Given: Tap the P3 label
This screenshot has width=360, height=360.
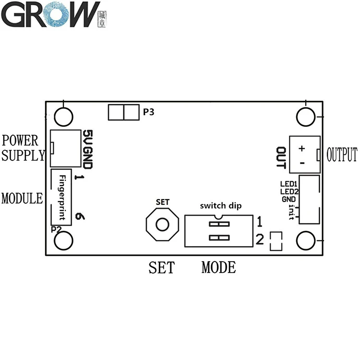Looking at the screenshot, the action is (149, 113).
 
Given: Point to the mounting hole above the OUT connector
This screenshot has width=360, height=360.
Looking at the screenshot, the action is (305, 116).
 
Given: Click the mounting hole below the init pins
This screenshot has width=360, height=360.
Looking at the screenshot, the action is (305, 240).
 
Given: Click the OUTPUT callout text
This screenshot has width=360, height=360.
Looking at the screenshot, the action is (342, 155).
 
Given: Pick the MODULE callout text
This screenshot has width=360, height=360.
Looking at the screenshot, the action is (22, 198).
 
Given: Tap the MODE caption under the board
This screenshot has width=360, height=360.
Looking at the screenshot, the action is (218, 267).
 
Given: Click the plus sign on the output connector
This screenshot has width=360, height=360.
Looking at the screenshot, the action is (301, 148).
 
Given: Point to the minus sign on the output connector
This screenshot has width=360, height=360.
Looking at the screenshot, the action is (301, 163).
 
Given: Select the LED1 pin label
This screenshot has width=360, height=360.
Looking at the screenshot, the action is (289, 184).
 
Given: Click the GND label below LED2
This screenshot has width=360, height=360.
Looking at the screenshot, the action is (289, 199).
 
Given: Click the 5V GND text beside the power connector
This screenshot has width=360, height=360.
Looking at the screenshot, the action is (87, 149).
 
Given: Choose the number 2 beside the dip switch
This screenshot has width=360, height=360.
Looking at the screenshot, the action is (259, 239).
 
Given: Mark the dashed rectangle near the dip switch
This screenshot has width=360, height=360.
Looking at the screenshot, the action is (276, 241).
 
